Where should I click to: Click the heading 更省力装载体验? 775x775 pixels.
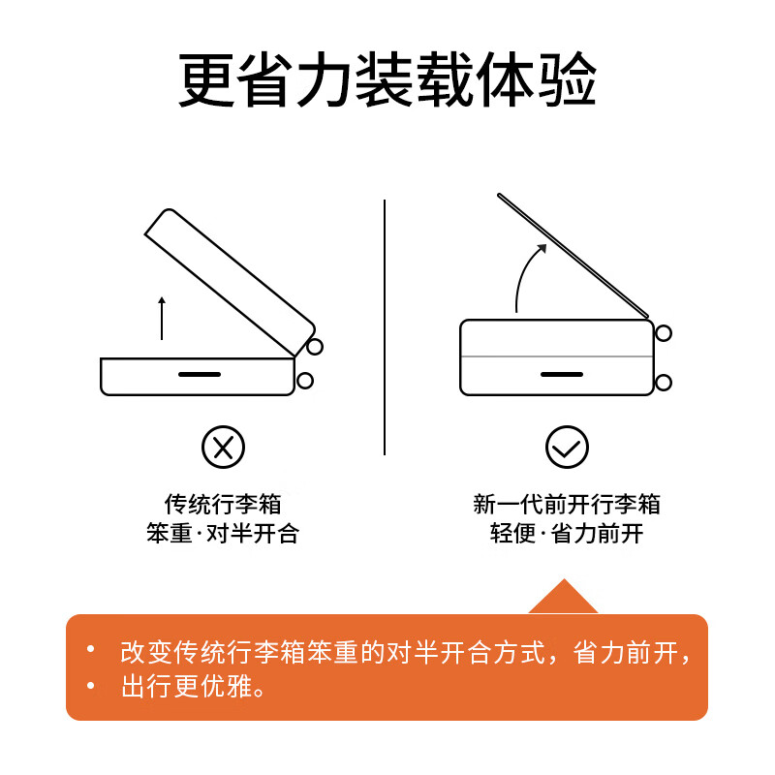coord(387,80)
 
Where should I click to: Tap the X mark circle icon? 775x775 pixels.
coord(223,447)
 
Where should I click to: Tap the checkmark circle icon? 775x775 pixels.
coord(567,447)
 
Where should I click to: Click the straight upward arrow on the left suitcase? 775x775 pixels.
coord(162,318)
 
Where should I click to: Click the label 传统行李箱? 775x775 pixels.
coord(223,505)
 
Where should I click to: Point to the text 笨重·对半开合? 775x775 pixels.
coord(223,534)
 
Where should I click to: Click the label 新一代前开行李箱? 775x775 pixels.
coord(567,505)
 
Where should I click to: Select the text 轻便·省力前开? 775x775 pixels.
coord(567,534)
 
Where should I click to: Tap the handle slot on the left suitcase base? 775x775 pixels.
coord(200,374)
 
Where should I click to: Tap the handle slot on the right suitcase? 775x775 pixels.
coord(561,374)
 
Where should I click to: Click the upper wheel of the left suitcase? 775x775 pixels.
coord(314,347)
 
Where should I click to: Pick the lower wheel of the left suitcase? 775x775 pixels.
coord(305,381)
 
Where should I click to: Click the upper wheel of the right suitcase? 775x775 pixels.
coord(664,333)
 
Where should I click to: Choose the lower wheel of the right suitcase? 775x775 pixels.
coord(664,382)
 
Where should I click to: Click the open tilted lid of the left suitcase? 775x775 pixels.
coord(230,281)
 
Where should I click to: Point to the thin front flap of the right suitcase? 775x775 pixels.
coord(572,255)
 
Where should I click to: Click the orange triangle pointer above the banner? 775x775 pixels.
coord(563,600)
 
